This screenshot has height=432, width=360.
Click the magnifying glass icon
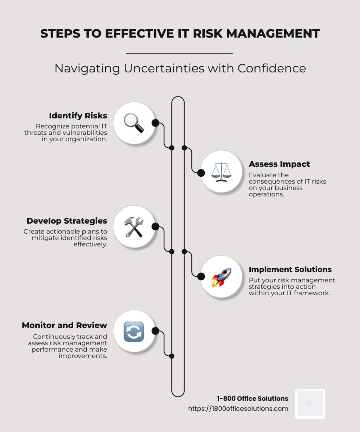pos(134,123)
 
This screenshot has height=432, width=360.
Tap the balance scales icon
pos(221,172)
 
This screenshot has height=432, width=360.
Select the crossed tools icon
pos(134,227)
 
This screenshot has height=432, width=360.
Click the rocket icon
pos(221,277)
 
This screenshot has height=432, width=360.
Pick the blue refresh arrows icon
pos(134,332)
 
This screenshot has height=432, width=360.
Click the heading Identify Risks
pos(78,116)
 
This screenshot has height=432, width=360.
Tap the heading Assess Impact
pos(279,164)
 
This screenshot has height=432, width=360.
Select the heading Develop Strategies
pos(67,221)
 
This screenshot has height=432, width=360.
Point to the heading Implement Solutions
pos(290,269)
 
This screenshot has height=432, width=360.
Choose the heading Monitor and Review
pos(64,325)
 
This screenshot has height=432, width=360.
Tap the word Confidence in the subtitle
pos(272,68)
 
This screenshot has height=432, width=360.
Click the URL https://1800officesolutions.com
pos(238,409)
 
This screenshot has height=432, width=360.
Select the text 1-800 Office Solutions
pos(252,398)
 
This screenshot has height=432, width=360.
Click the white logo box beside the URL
pos(310,404)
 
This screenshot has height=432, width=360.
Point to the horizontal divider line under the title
pos(179,53)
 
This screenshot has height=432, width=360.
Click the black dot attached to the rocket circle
pos(201,276)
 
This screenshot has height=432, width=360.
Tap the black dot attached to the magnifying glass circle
pos(155,123)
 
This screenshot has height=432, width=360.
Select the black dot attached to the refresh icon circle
pos(155,331)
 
